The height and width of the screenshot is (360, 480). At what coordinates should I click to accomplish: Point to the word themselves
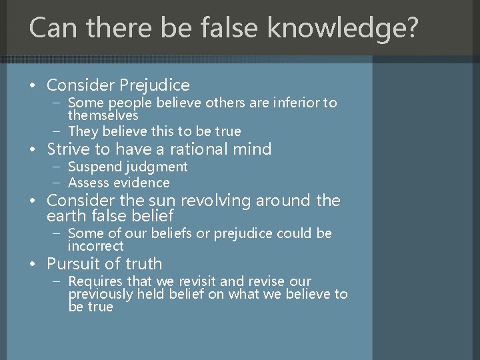103,115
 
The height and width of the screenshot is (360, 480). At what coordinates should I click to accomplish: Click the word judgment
157,167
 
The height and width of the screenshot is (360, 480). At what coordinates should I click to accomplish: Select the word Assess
91,183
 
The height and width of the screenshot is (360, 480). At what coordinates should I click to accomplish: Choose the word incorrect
95,246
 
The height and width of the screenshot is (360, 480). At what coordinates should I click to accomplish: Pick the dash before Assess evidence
58,183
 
